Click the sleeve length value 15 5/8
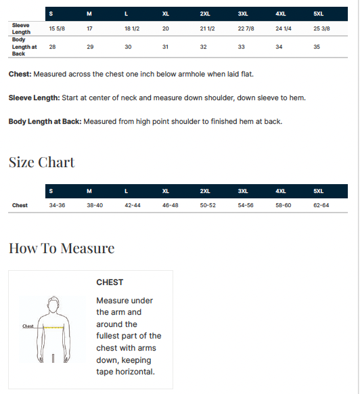(57, 28)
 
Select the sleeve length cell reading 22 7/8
(246, 28)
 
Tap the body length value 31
(165, 47)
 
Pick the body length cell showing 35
(317, 47)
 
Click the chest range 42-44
(133, 205)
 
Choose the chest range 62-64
(321, 205)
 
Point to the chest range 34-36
(57, 205)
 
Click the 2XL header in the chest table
(205, 191)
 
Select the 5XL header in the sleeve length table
(318, 14)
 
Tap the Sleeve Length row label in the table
(21, 28)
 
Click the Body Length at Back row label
(24, 47)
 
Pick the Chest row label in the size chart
(20, 205)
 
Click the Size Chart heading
(42, 162)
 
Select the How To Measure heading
(62, 248)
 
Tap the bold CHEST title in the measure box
(110, 282)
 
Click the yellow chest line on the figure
(53, 328)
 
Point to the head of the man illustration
(53, 305)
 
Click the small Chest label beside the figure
(28, 326)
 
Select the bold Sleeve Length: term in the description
(34, 97)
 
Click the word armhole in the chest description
(183, 74)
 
